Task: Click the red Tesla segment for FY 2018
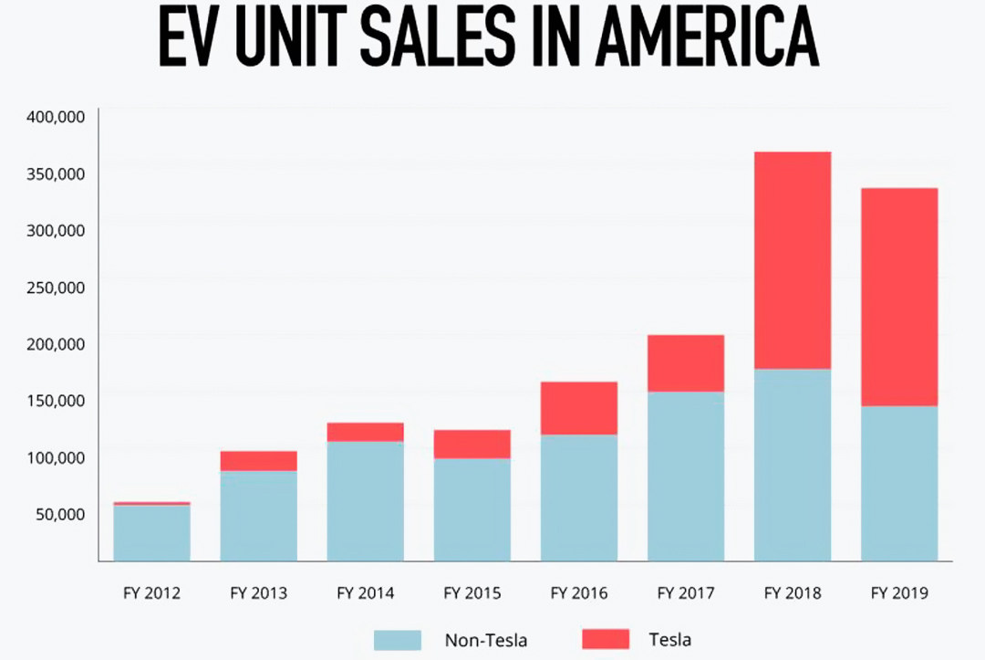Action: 793,260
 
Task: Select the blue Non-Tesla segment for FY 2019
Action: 899,483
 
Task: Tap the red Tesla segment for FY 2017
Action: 686,363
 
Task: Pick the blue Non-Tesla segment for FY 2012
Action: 152,532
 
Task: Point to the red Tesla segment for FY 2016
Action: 579,408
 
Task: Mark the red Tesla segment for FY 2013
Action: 259,461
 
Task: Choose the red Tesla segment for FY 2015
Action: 472,444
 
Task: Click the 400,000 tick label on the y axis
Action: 57,117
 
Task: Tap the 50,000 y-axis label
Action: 60,514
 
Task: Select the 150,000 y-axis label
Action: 57,400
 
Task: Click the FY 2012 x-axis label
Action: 152,593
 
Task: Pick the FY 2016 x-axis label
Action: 579,593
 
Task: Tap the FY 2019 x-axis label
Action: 899,593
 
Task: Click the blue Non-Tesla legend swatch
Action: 398,639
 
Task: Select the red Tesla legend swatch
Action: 604,639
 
